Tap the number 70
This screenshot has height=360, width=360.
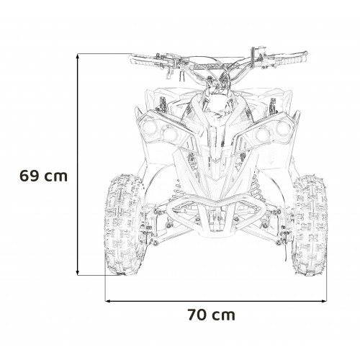tap(195, 314)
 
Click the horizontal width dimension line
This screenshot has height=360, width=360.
tap(216, 297)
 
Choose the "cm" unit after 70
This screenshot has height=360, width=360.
tap(224, 314)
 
